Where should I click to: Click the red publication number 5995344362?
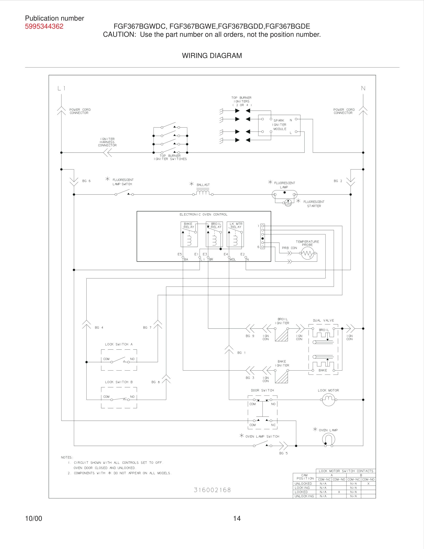click(44, 26)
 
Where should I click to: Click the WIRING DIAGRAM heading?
click(212, 55)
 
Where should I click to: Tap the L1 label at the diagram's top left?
click(61, 88)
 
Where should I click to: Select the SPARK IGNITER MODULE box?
click(279, 125)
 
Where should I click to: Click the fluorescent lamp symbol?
click(284, 194)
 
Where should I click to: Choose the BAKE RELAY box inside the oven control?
click(189, 234)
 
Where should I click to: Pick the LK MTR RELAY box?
click(235, 234)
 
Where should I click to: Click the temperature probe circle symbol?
click(307, 253)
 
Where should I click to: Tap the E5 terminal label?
click(180, 254)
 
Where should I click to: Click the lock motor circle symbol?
click(328, 400)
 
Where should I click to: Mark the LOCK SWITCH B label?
click(118, 382)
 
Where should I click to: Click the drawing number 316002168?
click(212, 490)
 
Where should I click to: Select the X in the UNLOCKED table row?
click(368, 484)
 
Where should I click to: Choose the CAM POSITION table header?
click(305, 477)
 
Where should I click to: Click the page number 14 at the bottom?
click(237, 518)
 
